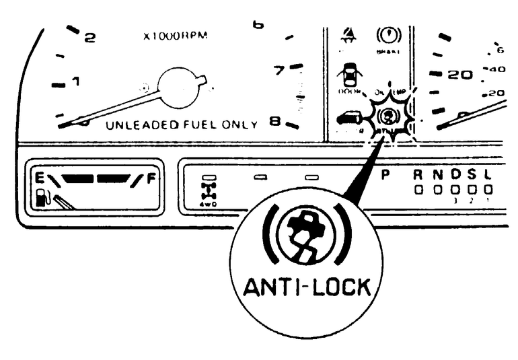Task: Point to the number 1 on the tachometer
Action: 76,82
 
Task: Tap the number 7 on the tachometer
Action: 277,68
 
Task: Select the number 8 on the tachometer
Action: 274,122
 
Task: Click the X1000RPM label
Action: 176,36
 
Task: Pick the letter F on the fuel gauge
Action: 150,179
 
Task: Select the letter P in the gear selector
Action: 385,176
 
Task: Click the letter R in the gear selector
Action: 418,176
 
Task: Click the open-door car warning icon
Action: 348,73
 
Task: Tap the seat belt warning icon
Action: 349,32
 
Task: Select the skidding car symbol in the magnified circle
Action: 307,236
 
